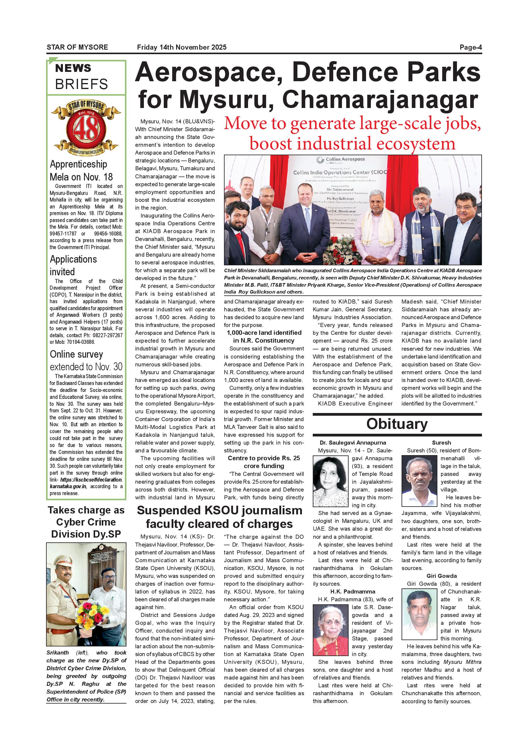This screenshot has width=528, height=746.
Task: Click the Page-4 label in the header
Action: pyautogui.click(x=470, y=48)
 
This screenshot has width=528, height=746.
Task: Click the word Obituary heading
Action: pyautogui.click(x=397, y=424)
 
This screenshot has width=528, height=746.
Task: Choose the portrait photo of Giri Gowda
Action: pyautogui.click(x=419, y=615)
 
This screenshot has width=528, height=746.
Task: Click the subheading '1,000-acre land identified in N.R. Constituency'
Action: pyautogui.click(x=264, y=337)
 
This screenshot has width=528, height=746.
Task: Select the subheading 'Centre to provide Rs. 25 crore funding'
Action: pyautogui.click(x=264, y=462)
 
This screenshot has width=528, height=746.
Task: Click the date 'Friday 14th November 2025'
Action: pyautogui.click(x=182, y=48)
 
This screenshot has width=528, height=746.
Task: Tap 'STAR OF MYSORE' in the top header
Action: pyautogui.click(x=77, y=48)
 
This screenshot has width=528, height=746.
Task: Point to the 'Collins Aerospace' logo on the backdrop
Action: pyautogui.click(x=341, y=159)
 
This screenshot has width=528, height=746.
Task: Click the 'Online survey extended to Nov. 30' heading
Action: pyautogui.click(x=86, y=360)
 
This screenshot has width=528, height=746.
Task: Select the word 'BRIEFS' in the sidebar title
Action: pyautogui.click(x=81, y=84)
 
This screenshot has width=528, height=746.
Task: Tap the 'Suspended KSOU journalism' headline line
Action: pyautogui.click(x=219, y=510)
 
